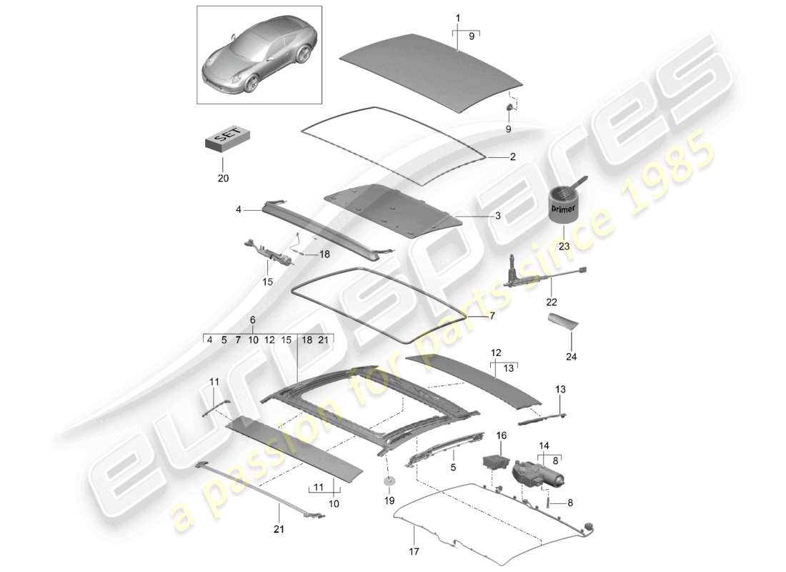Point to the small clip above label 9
[509, 108]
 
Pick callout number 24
[571, 355]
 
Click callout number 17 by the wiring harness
[414, 551]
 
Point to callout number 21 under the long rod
[279, 529]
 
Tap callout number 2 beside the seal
[512, 156]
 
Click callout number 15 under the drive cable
[267, 282]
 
